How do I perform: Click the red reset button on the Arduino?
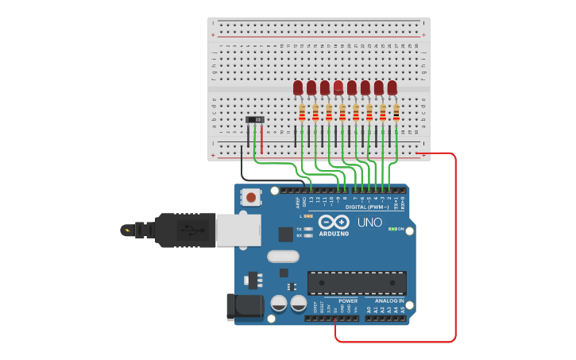tap(251, 196)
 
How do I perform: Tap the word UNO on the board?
tap(369, 223)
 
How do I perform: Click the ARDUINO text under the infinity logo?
tap(334, 234)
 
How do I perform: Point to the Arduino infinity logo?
tap(334, 222)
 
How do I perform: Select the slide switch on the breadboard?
tap(256, 120)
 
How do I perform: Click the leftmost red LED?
tap(298, 87)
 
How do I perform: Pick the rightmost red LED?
tap(392, 87)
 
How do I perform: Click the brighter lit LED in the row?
tap(338, 87)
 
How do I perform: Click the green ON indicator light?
tap(392, 229)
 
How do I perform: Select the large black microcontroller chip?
tap(357, 283)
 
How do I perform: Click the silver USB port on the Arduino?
tap(238, 230)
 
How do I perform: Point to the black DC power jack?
tap(245, 308)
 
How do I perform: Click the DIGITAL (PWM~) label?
tap(368, 207)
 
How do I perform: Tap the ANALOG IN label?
tap(389, 301)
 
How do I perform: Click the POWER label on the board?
tap(348, 301)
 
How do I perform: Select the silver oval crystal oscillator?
tap(282, 256)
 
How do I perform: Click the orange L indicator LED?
tap(307, 215)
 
